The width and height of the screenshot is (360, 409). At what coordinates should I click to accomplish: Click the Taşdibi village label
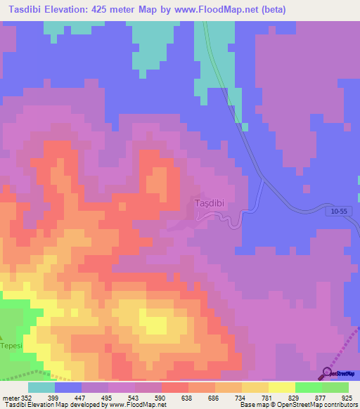208,204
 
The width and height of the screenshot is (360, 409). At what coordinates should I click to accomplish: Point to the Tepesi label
11,346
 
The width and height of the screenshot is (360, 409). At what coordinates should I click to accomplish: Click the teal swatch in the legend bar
41,387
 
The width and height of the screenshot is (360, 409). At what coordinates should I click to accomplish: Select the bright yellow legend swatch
281,387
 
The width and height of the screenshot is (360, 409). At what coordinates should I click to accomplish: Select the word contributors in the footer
337,405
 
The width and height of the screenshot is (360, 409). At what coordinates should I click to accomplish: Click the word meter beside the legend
9,398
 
